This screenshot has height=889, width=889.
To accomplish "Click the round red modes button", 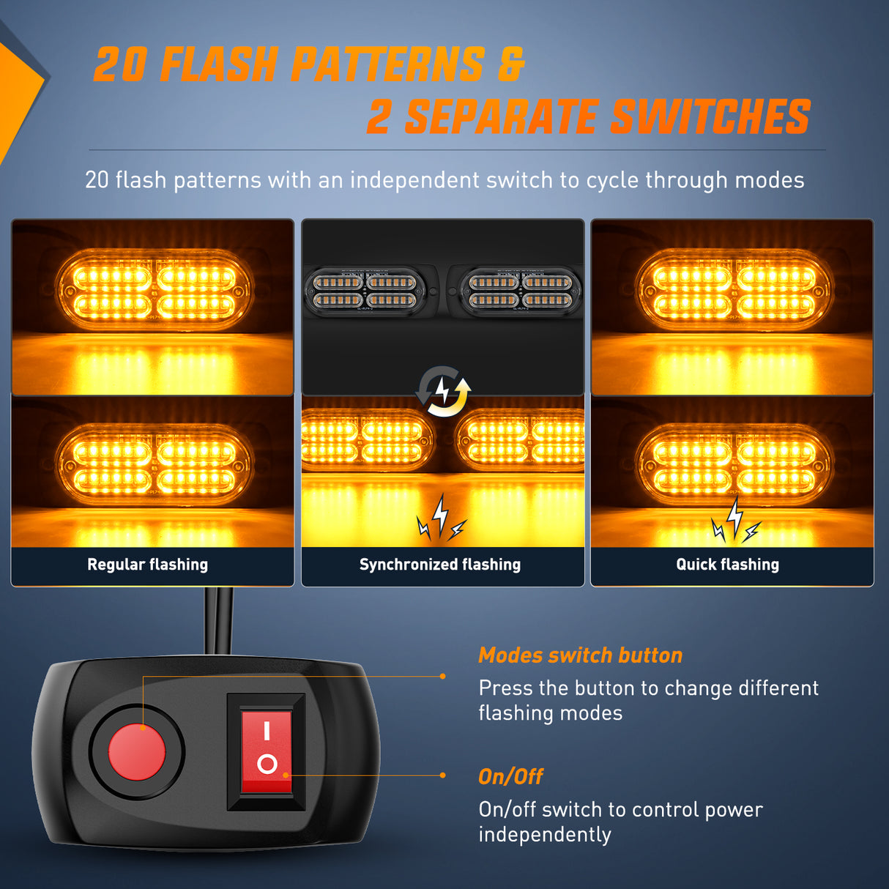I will click(137, 752).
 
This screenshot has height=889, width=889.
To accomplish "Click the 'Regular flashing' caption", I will click(147, 565).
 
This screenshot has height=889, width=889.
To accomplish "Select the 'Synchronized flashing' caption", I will click(440, 565).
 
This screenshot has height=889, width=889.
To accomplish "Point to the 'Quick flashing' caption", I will click(727, 565).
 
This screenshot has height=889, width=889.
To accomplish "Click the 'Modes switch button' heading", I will click(580, 655).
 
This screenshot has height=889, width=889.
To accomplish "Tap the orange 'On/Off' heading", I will click(510, 777).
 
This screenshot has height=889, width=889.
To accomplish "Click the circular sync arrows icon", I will click(443, 391).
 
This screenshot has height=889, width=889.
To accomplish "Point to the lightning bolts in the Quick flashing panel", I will click(735, 521).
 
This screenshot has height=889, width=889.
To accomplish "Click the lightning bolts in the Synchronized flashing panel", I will click(440, 519).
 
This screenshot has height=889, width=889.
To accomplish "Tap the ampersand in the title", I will click(511, 64).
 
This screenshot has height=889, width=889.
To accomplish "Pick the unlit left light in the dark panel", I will click(365, 291).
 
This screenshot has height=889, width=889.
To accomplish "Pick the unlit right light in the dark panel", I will click(520, 291).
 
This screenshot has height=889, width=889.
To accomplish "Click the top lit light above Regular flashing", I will click(154, 289).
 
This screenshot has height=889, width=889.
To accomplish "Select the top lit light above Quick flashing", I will click(734, 289).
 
